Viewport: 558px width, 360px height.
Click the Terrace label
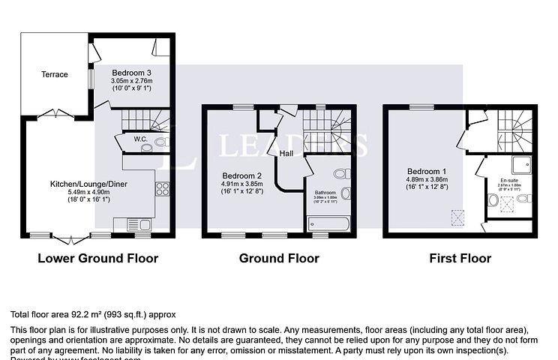(x=54, y=74)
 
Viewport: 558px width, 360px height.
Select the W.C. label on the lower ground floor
(x=139, y=139)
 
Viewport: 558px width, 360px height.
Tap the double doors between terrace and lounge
(x=50, y=114)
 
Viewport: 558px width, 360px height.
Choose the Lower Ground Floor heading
(x=97, y=259)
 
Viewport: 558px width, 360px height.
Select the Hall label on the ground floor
(x=286, y=154)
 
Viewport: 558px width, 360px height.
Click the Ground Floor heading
(x=279, y=259)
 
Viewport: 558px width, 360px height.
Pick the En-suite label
(x=508, y=181)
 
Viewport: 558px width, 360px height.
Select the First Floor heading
(x=460, y=259)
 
